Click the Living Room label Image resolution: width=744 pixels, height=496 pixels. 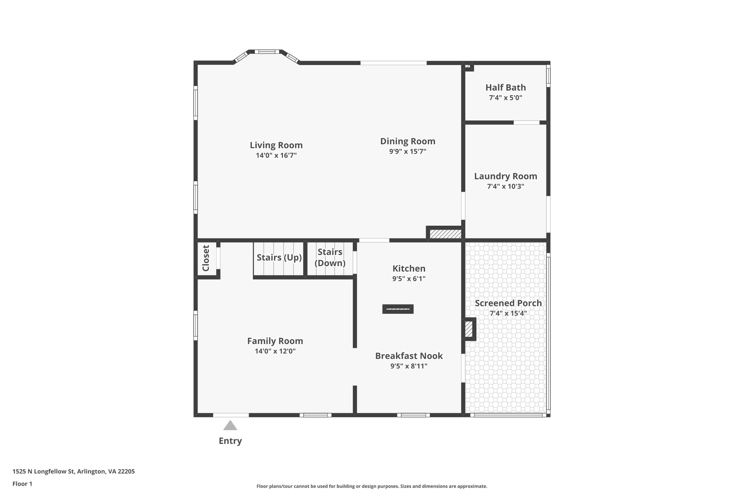coord(276,145)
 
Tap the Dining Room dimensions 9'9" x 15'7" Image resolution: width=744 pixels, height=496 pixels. coord(408,152)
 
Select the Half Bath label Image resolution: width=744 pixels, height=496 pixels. coord(505,88)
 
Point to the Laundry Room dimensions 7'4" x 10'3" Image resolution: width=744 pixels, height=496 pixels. coord(505,186)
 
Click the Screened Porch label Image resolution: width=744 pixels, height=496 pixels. coord(508,303)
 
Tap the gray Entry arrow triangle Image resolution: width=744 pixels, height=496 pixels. coord(230,426)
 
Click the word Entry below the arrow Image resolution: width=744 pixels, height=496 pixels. coord(230,441)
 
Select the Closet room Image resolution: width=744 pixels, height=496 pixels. coord(206,258)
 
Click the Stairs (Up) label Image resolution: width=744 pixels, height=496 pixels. coord(279,258)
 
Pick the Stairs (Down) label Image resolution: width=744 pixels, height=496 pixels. coord(330,258)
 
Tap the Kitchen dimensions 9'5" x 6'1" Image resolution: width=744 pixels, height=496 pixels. coord(409,279)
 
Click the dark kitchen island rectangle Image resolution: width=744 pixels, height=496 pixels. coord(398,309)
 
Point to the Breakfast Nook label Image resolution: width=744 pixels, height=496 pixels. coord(409,356)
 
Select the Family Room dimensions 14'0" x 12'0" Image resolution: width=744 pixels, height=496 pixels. coord(275,351)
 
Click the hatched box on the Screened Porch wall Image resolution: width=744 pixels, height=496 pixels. coord(469,329)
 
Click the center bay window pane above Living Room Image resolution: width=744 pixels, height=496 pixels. coord(266,52)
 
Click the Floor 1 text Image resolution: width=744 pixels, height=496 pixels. coord(22,484)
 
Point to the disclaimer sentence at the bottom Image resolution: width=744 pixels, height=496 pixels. coord(372,486)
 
